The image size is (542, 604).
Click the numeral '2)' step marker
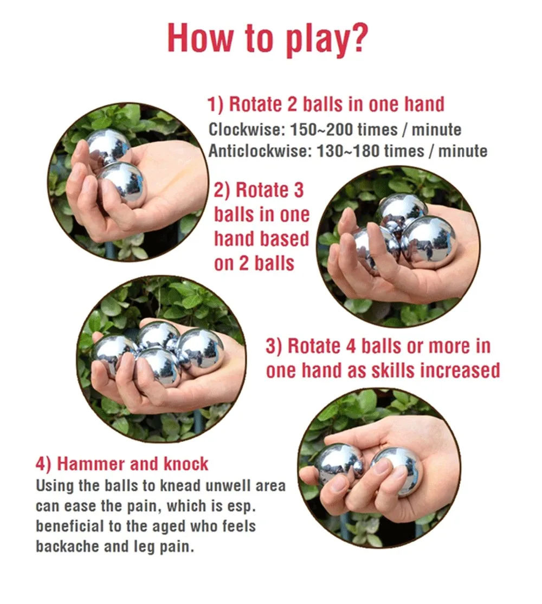222,190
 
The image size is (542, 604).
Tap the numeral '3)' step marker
274,346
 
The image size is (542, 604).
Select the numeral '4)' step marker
44,464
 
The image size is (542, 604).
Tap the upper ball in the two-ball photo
108,147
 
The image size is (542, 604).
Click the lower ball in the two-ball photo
122,183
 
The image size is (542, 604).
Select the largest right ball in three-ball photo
429,242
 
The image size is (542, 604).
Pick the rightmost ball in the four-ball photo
201,349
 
